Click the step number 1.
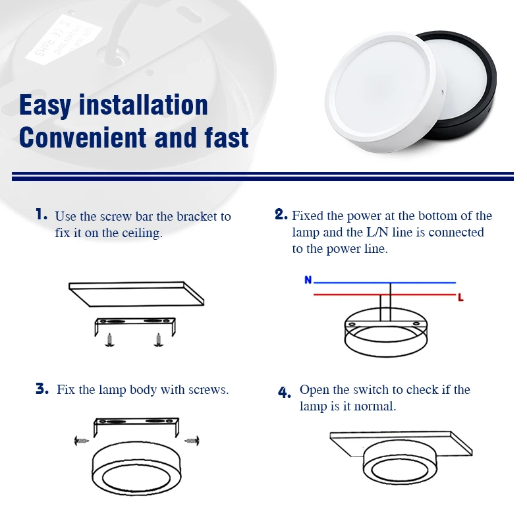(x=42, y=215)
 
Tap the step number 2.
(x=281, y=215)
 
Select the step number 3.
(x=42, y=389)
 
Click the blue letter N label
(x=308, y=280)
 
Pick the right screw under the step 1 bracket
(x=157, y=339)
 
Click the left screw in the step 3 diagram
(x=81, y=439)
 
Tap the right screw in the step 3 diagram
(x=191, y=439)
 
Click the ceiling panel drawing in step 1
(x=135, y=294)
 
